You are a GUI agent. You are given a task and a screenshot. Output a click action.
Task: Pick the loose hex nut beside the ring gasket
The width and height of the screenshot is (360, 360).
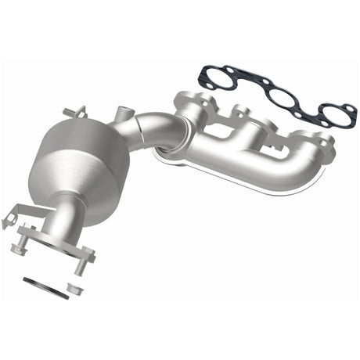(75, 289)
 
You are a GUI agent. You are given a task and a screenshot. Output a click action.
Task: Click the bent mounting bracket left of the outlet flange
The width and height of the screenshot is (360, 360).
(16, 216)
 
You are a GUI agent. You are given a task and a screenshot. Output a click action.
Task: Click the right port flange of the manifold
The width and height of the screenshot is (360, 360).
(313, 145)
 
